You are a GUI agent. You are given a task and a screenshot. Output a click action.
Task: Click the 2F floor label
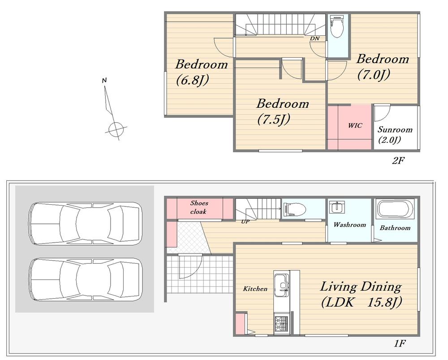(398, 161)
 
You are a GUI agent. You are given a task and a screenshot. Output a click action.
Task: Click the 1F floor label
(400, 343)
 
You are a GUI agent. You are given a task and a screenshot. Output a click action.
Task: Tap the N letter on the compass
(104, 81)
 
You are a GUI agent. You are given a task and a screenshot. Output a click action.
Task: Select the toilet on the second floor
(337, 26)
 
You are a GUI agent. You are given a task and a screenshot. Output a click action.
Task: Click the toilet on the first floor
(294, 209)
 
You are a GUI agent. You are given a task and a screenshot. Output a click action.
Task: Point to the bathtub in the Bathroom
(396, 209)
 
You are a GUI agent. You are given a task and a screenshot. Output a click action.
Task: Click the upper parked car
(86, 223)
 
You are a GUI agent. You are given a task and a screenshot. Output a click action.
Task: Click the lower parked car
(86, 279)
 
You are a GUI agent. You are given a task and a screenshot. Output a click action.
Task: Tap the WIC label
(355, 125)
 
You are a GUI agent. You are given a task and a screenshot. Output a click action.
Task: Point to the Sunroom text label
(395, 130)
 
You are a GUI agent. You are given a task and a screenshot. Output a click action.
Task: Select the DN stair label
(315, 38)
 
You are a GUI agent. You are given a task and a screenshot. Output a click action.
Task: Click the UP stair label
(246, 222)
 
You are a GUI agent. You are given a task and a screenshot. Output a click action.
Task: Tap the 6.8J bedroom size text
(193, 80)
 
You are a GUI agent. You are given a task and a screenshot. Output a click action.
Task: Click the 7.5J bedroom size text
(274, 119)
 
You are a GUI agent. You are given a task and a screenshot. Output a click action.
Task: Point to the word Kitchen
(255, 289)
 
